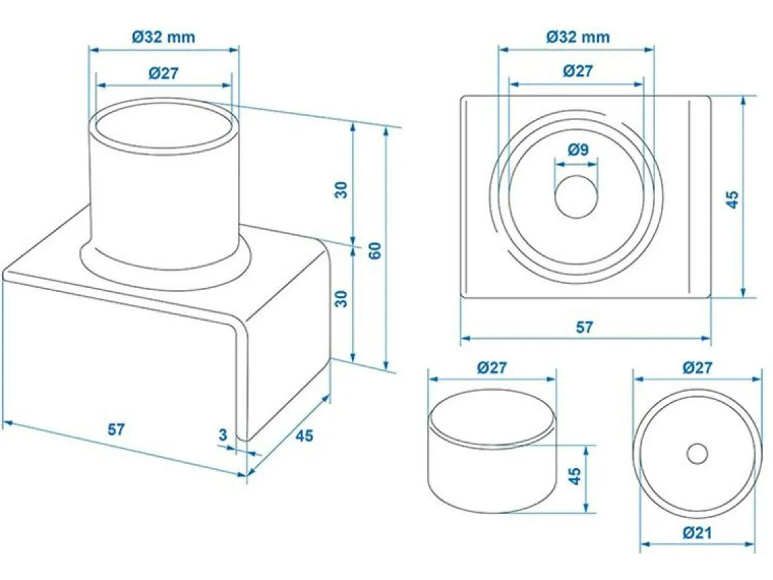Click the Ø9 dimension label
(x=578, y=149)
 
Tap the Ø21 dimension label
(x=697, y=533)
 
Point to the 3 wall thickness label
(x=223, y=435)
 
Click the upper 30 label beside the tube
(x=341, y=190)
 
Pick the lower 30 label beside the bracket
(x=341, y=299)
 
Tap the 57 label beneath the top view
(x=584, y=327)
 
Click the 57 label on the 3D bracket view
(x=117, y=429)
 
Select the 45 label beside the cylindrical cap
(x=575, y=476)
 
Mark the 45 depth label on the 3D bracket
(x=304, y=435)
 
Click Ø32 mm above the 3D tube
(x=164, y=37)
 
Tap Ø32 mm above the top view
(x=578, y=37)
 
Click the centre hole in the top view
(x=576, y=196)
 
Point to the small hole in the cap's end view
(x=697, y=454)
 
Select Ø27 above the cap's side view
(x=492, y=367)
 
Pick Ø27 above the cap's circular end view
(x=697, y=367)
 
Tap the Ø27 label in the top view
(x=578, y=71)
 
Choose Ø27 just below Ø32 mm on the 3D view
(x=164, y=73)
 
